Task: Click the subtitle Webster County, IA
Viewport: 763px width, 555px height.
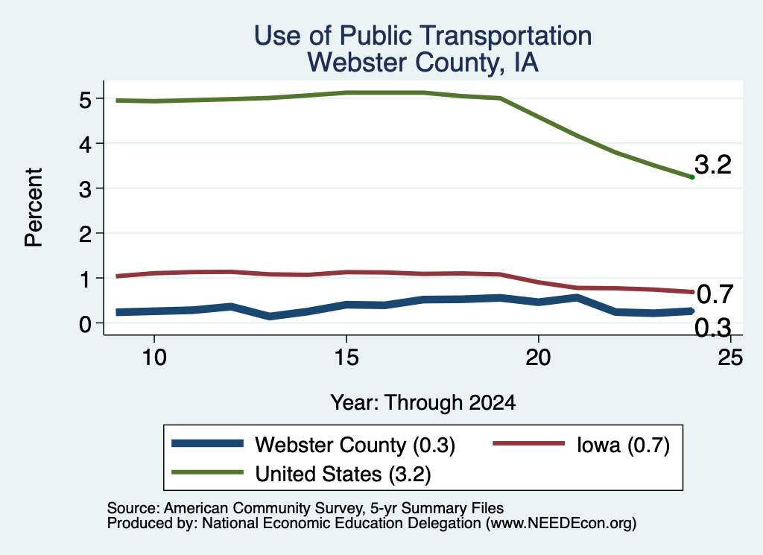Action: pos(423,63)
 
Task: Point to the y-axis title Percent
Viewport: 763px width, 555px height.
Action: pos(34,207)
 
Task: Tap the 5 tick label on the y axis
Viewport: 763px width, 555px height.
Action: pos(85,100)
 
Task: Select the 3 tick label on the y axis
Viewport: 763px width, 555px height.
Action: pos(85,189)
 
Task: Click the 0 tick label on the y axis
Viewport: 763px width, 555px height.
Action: pos(85,324)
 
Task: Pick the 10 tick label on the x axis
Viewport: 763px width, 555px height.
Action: pos(154,358)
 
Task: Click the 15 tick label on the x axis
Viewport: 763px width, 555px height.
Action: pos(346,358)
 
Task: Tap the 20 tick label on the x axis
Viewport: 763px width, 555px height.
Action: pos(538,358)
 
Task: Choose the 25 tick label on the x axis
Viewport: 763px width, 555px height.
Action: pos(730,358)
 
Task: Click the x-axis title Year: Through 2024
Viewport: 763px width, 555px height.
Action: pos(423,403)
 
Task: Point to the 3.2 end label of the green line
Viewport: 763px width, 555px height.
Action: pos(713,165)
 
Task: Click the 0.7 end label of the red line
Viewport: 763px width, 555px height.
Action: pos(715,294)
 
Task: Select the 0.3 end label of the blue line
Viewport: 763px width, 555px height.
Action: pos(712,328)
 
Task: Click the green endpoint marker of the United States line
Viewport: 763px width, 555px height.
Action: pos(692,177)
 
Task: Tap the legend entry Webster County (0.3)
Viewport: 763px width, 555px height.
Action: pos(355,445)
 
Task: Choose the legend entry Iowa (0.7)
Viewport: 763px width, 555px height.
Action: pos(624,445)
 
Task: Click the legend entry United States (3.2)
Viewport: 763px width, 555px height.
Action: pos(343,474)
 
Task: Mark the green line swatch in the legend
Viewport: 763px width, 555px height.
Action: pos(207,472)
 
